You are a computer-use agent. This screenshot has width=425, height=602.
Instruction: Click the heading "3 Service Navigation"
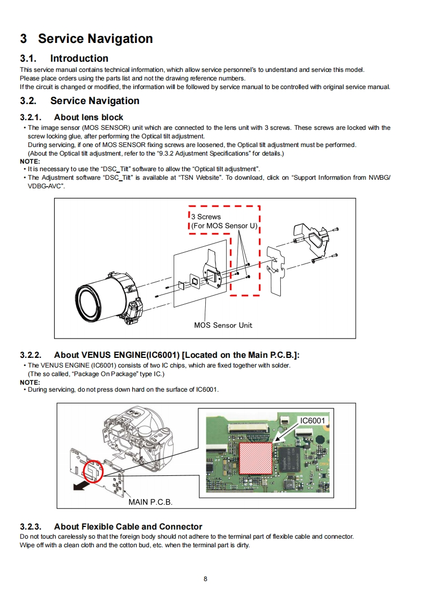coord(86,39)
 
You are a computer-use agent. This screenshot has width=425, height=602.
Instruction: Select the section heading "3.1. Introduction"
coord(64,58)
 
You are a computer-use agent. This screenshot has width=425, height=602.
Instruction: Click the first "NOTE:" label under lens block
coord(30,161)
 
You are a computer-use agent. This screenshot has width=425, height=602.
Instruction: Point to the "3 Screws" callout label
coord(206,217)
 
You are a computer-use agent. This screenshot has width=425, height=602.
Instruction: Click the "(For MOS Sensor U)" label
coord(224,226)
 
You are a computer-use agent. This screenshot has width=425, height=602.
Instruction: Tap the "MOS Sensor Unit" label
coord(223,325)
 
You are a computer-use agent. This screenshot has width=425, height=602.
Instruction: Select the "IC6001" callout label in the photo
coord(312,421)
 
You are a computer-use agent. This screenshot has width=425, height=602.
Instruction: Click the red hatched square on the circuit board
coord(255,458)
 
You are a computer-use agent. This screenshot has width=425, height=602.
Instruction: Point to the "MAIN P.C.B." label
coord(151,502)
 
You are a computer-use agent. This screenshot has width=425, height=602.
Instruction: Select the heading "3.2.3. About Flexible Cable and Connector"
coord(111,527)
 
